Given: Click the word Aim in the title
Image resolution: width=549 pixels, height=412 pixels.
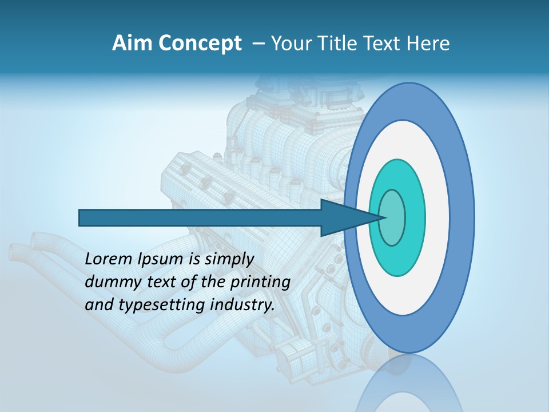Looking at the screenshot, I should point(128,43).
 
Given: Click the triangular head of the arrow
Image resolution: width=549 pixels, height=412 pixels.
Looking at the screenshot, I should point(343,218).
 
